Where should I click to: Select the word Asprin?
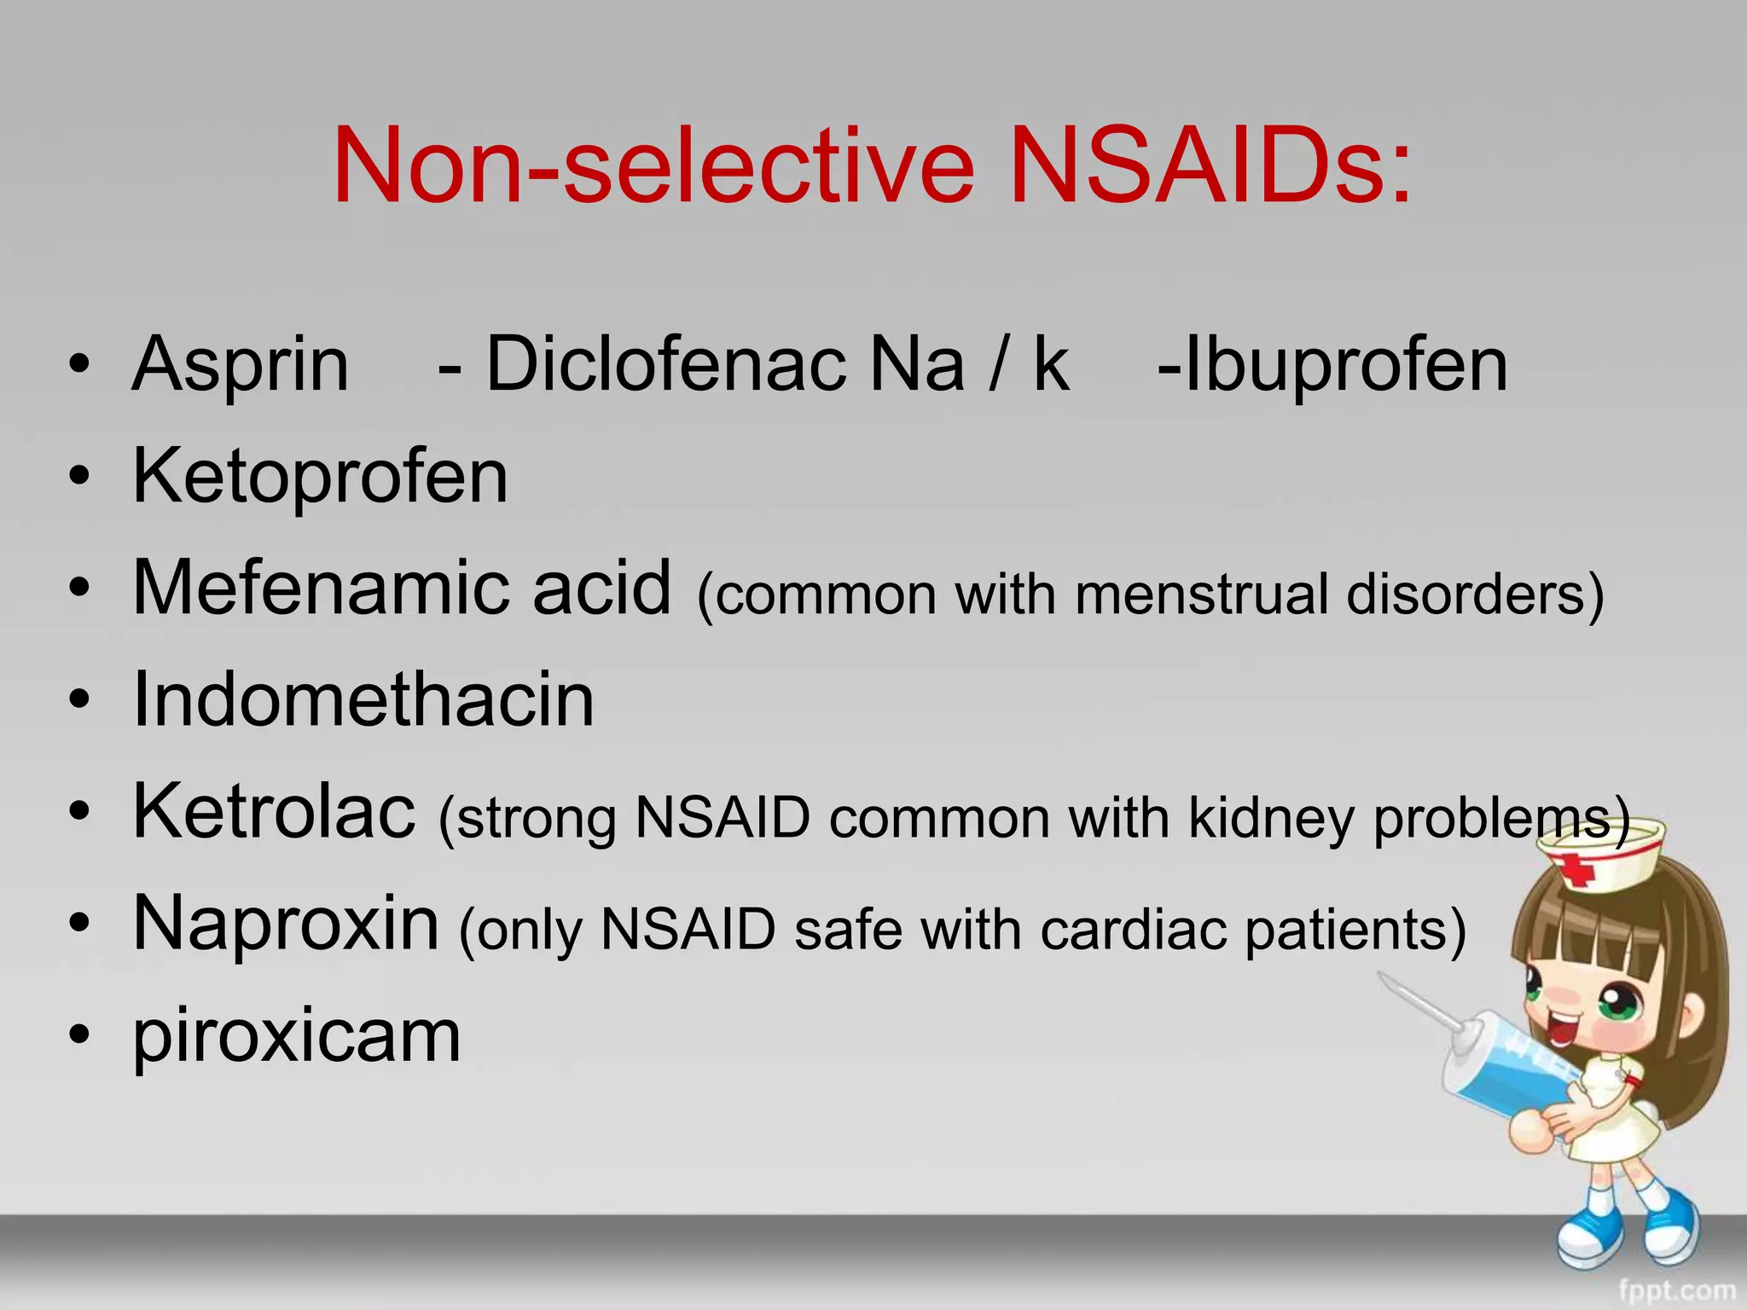[241, 365]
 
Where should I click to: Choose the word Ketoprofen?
[321, 477]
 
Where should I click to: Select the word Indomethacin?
[363, 700]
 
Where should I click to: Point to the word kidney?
[1271, 820]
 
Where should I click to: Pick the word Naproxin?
[287, 924]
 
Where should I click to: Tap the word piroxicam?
[297, 1037]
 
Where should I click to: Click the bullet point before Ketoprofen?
[79, 478]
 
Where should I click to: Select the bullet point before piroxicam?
[79, 1036]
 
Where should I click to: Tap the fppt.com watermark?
[1676, 1290]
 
